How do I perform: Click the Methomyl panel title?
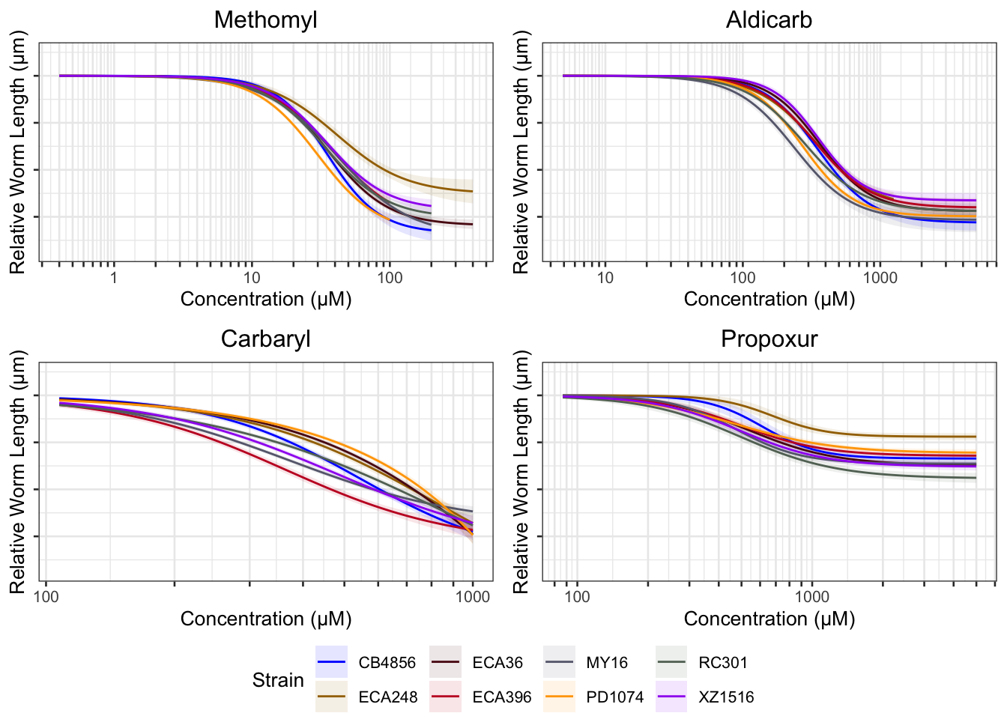point(265,20)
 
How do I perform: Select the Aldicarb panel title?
point(769,20)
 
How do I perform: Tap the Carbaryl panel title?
point(265,339)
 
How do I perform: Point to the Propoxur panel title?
point(769,339)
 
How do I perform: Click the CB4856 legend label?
point(387,663)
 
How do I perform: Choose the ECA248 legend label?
point(387,697)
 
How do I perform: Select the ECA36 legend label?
point(498,663)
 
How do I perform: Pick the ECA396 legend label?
point(501,697)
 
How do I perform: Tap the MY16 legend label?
point(607,663)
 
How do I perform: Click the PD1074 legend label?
point(614,697)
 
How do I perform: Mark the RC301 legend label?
point(722,663)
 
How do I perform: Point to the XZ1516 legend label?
point(726,697)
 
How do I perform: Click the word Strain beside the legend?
point(278,680)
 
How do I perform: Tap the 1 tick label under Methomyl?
point(114,278)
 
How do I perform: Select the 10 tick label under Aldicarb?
point(605,278)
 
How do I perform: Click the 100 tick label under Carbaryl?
point(46,597)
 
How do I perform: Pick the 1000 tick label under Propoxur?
point(811,597)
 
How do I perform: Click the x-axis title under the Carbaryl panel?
point(265,619)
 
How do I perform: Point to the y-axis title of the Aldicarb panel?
point(521,152)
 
